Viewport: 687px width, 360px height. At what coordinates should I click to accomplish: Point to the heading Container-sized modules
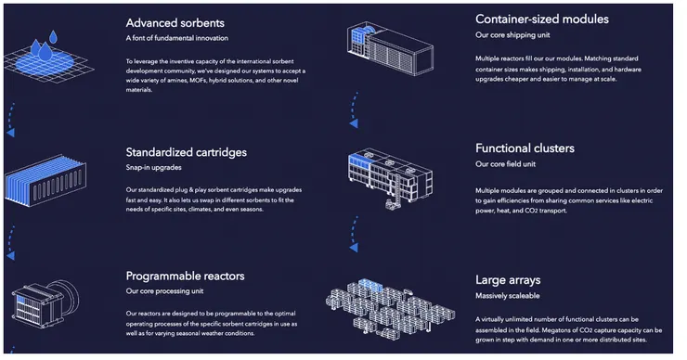tap(541, 19)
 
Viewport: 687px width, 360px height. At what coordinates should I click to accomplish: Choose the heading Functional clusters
tap(525, 148)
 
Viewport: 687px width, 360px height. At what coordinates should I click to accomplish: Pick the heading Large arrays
tap(509, 279)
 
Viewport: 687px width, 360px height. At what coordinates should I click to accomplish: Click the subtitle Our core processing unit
tap(165, 291)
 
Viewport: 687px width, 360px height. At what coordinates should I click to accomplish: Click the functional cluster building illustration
tap(386, 175)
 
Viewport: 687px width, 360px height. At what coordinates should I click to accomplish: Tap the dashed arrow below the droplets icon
tap(10, 117)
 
